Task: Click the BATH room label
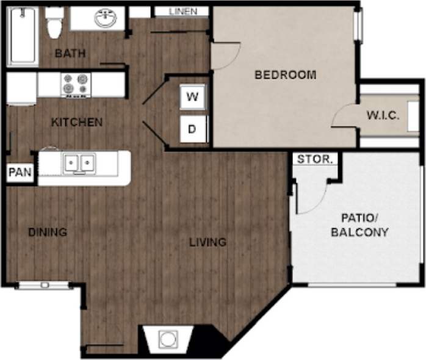(70, 54)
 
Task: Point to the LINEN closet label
(183, 11)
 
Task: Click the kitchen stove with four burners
(76, 85)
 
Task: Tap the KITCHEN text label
(76, 122)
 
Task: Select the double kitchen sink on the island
(79, 164)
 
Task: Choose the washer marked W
(193, 96)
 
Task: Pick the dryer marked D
(192, 129)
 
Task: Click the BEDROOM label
(285, 75)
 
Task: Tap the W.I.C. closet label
(383, 115)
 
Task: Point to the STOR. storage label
(315, 160)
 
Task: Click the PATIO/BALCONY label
(359, 226)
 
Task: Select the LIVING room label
(207, 242)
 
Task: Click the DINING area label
(47, 232)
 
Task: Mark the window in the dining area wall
(44, 284)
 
